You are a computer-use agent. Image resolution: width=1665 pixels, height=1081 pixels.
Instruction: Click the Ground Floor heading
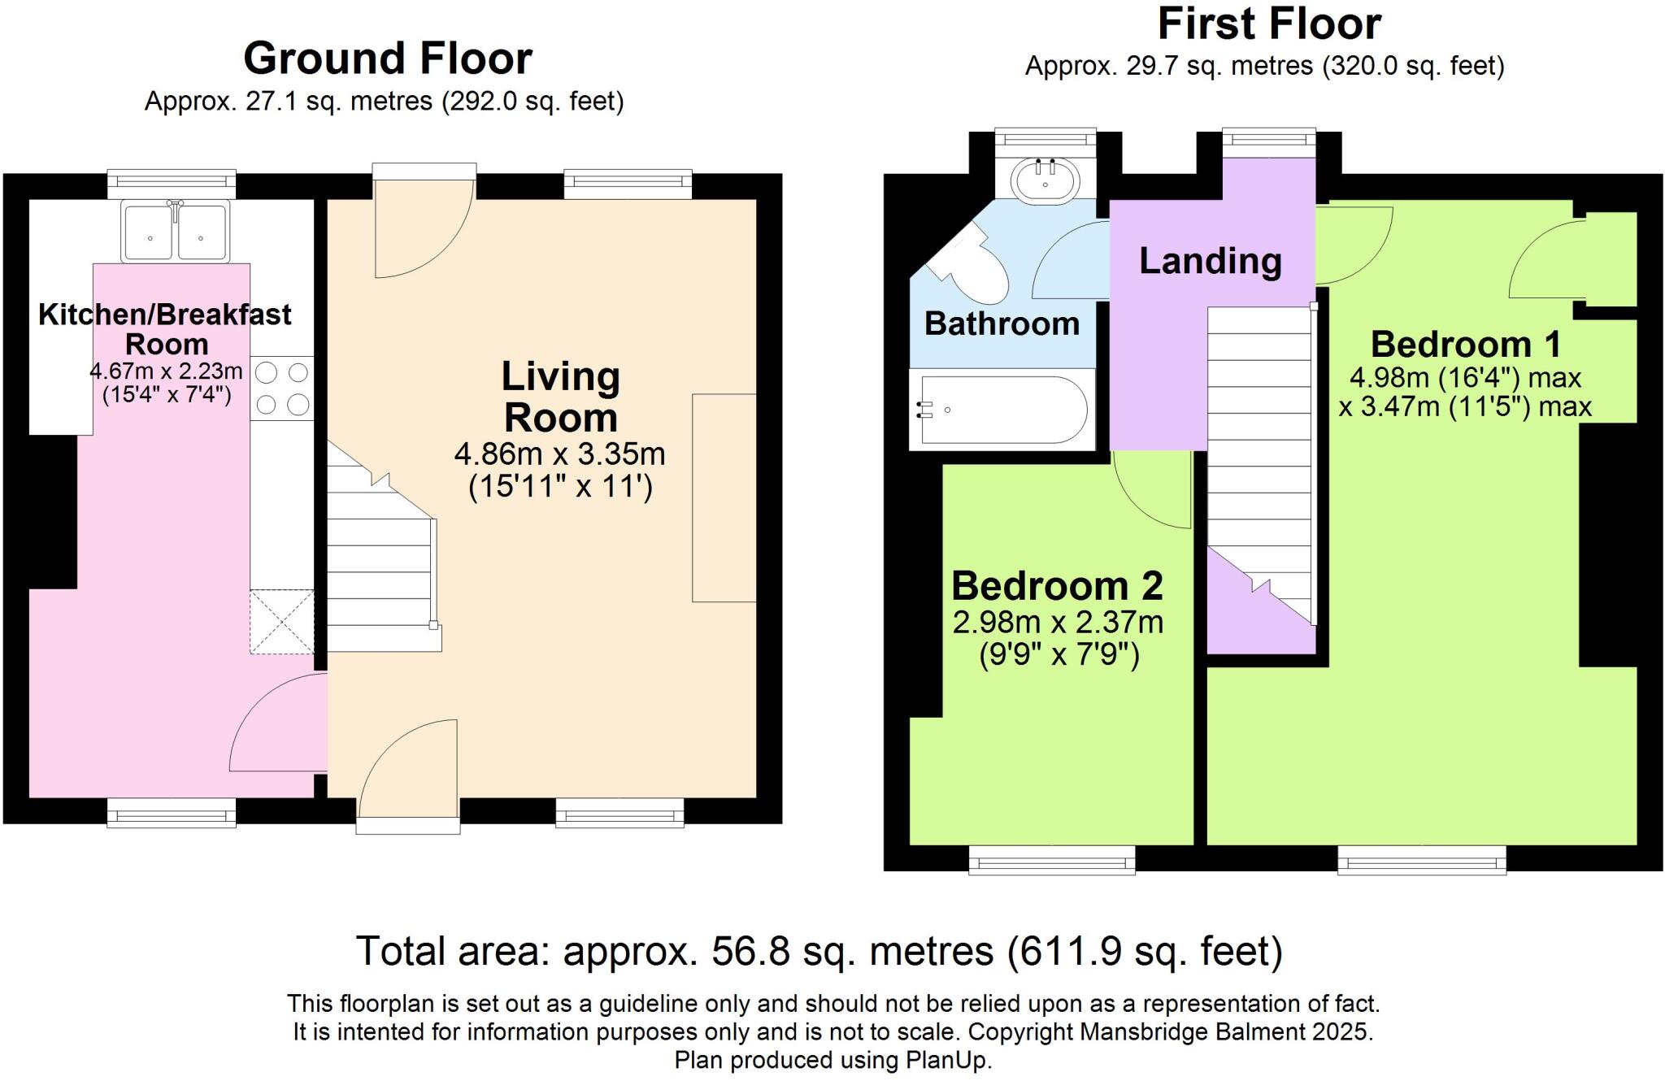coord(388,59)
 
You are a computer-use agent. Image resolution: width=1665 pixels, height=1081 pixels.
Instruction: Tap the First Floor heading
coord(1269,24)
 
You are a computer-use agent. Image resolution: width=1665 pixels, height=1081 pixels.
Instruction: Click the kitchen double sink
coord(175,232)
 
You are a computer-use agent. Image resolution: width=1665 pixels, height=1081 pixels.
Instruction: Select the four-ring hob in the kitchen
coord(282,389)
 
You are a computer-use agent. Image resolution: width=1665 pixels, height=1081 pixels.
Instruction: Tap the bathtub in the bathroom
coord(1002,410)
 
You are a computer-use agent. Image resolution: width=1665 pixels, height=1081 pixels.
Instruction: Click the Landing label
coord(1211,261)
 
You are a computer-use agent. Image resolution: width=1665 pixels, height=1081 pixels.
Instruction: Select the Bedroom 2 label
coord(1057,585)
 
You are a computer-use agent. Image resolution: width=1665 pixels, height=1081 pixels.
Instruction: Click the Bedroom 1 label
coord(1466,344)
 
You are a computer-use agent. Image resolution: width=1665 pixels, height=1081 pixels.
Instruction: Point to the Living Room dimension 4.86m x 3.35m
coord(560,454)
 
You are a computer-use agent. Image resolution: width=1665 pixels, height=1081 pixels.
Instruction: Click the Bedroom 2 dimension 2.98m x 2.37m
coord(1058,623)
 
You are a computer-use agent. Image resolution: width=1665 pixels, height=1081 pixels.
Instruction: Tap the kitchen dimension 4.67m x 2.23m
coord(166,371)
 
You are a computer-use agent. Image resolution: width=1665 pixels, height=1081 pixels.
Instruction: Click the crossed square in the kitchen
coord(282,622)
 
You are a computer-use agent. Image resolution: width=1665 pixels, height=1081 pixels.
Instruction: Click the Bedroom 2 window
coord(1052,859)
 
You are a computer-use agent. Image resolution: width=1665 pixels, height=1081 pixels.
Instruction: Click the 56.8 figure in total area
coord(750,951)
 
